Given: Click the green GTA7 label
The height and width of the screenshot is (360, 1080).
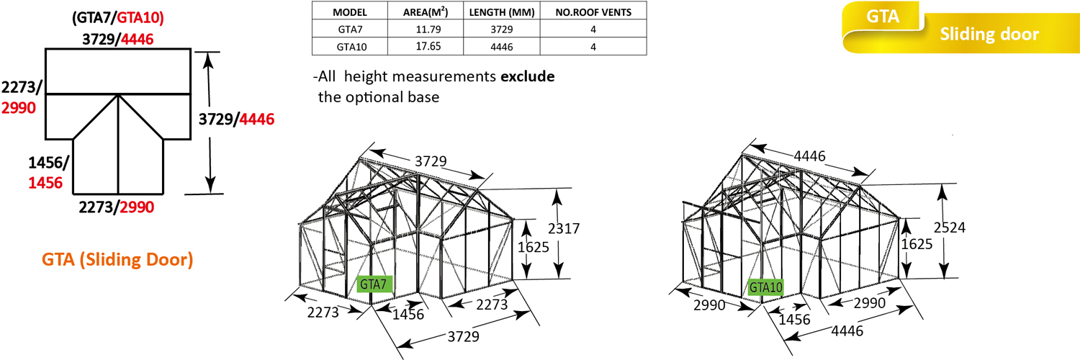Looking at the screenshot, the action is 374,284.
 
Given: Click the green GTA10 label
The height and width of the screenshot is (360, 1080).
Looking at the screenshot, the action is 765,288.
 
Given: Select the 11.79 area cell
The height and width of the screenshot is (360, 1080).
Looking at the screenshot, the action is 428,30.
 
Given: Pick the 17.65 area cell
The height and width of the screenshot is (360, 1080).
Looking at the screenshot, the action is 428,46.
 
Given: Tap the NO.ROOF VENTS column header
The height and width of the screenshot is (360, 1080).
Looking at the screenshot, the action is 593,12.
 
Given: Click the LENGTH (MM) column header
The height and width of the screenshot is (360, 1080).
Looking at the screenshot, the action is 502,12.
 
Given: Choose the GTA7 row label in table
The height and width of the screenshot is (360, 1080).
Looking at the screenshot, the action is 351,30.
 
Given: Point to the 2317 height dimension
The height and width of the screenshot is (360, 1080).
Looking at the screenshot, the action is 564,228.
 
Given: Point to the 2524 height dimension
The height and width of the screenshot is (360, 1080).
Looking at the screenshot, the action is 950,228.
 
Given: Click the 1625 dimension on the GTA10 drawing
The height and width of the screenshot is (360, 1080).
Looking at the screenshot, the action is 917,244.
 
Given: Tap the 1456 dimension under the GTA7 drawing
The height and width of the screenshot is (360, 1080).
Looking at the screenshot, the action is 408,314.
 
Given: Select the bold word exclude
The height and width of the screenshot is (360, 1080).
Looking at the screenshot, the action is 528,76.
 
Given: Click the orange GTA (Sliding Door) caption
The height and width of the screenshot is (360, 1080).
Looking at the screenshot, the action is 117,259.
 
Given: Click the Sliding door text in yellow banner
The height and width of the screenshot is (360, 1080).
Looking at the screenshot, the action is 989,34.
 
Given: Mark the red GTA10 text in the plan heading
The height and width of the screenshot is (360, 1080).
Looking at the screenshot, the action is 140,18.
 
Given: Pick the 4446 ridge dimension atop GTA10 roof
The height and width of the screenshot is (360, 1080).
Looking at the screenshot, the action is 809,156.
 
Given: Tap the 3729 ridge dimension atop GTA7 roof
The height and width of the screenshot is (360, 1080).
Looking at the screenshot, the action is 431,161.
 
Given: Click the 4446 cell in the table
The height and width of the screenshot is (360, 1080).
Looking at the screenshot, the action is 501,47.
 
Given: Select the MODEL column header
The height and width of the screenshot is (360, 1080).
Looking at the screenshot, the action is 350,12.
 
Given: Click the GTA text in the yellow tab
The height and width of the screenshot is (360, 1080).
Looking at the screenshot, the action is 883,17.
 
